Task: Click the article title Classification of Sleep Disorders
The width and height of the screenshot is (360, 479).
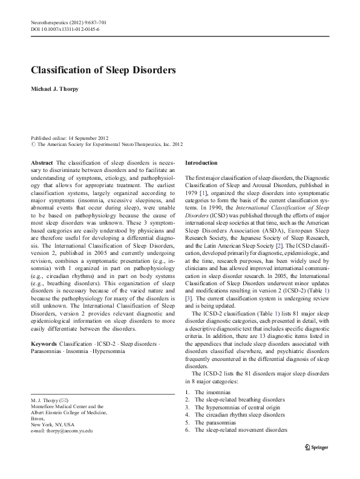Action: point(103,70)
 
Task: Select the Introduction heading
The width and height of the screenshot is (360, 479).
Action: point(200,164)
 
